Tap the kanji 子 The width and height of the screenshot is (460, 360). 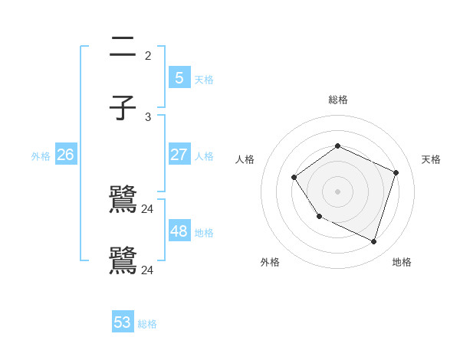coord(123,108)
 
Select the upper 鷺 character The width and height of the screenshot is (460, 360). coord(123,201)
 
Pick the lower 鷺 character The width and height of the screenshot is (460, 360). coord(123,261)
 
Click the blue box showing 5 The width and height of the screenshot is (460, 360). coord(179,77)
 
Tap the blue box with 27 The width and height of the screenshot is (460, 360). coord(179,154)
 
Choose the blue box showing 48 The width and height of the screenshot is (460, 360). coord(179,231)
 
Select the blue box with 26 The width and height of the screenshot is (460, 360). coord(65,154)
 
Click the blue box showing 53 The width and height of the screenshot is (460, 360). coord(123,322)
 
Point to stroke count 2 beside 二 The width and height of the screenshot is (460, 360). coord(148,56)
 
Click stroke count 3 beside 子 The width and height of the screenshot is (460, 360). coord(148,117)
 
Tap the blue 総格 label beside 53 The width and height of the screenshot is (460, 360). coord(147,324)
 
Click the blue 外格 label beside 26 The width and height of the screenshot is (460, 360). coord(41,156)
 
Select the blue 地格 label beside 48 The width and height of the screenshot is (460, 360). coord(204,233)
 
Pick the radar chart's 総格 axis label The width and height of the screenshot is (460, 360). coord(338,100)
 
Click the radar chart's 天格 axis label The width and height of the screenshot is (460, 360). coord(431,159)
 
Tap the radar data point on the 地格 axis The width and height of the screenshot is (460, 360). coord(374,242)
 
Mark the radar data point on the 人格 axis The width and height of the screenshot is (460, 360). coord(294,178)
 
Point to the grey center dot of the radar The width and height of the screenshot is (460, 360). coord(337,191)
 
